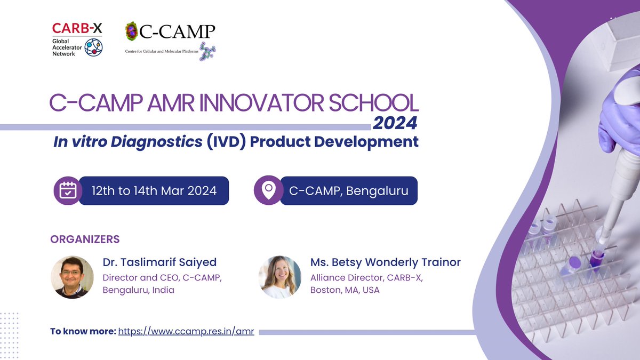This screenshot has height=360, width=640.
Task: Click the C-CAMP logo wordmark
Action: pyautogui.click(x=177, y=33)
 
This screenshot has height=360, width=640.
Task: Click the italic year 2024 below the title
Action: pyautogui.click(x=395, y=123)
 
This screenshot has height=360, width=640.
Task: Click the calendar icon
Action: pyautogui.click(x=68, y=190)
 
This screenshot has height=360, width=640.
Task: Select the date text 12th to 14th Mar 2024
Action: pyautogui.click(x=154, y=190)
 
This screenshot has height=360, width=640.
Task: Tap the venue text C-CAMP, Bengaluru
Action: pyautogui.click(x=348, y=190)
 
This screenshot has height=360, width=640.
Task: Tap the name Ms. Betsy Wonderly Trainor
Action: pyautogui.click(x=385, y=262)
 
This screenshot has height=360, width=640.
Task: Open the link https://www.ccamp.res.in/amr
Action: pyautogui.click(x=186, y=331)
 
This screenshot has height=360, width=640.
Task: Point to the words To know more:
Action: pyautogui.click(x=83, y=331)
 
